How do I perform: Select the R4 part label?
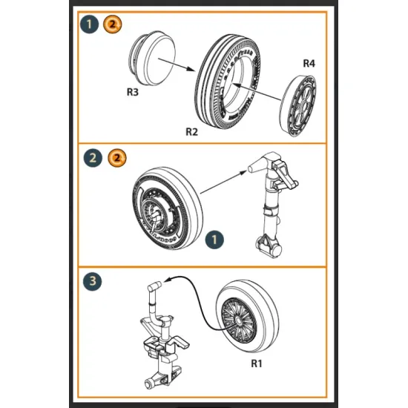(309, 65)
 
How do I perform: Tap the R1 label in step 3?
(257, 364)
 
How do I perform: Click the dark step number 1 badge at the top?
(90, 25)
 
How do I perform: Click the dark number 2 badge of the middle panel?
(93, 158)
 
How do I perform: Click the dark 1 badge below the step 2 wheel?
(213, 240)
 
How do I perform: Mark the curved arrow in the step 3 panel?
(197, 294)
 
